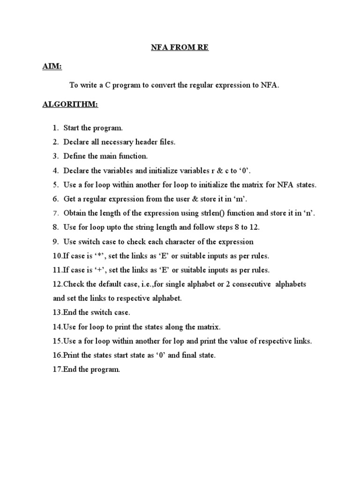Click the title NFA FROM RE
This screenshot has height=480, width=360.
pyautogui.click(x=180, y=48)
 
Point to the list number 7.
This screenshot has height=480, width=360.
pyautogui.click(x=55, y=213)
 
